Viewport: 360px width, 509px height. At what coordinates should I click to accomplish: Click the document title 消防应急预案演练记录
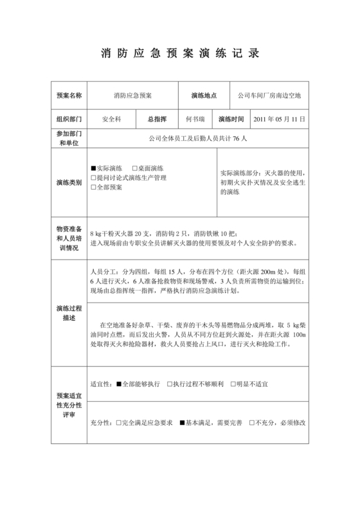180,53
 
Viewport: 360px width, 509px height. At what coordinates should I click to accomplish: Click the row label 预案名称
69,96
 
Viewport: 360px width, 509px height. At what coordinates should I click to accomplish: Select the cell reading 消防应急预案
132,96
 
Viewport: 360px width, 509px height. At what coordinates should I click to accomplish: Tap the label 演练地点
204,96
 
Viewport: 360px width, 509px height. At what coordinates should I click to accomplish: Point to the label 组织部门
69,120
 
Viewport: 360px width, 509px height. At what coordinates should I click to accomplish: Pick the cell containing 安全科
112,120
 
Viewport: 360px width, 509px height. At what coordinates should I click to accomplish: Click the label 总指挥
157,120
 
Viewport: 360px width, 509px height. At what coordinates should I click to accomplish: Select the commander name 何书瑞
195,120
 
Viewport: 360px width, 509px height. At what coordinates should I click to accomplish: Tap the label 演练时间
231,120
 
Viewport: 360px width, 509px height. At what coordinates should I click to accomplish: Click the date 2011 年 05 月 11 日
279,120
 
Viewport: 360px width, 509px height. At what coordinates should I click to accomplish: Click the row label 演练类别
69,183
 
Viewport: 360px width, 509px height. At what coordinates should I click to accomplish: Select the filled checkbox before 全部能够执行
119,384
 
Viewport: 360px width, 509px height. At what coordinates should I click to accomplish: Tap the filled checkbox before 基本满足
182,422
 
